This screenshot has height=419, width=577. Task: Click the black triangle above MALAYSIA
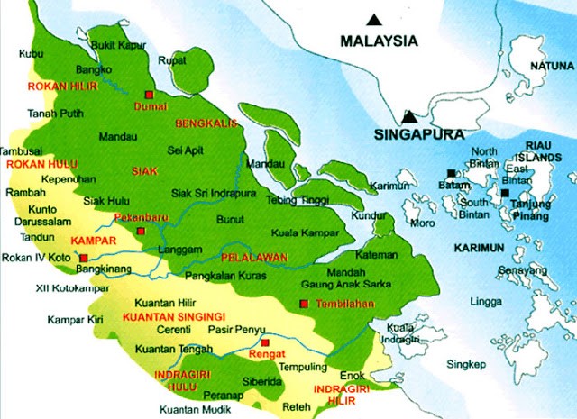pos(374,19)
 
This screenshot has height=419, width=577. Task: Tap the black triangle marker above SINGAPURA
pos(410,116)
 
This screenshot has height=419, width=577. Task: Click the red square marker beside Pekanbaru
pos(141,231)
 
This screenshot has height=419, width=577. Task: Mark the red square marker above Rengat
pos(264,342)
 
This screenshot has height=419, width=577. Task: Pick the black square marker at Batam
pos(450,172)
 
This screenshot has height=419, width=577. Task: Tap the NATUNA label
pos(551,66)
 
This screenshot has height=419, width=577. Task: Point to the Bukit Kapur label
pos(118,43)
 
